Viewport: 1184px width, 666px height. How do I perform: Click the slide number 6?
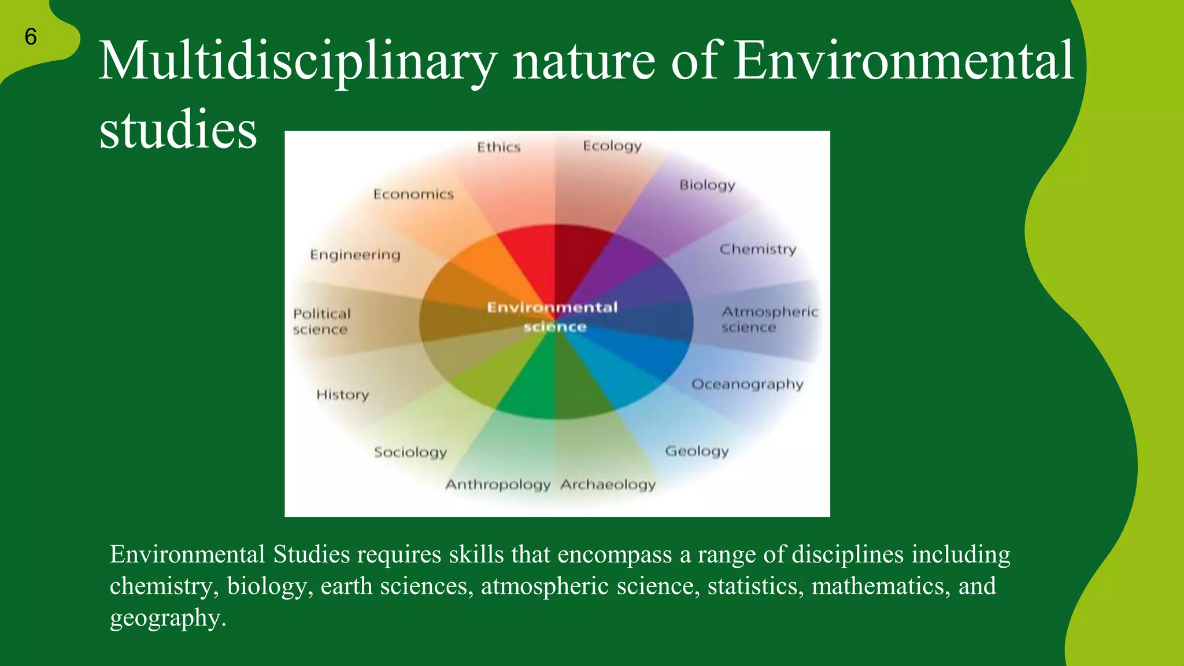coord(31,37)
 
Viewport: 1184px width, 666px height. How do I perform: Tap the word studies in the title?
coord(178,129)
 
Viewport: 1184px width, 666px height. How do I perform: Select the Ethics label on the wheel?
coord(498,147)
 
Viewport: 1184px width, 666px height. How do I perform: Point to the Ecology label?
coord(612,146)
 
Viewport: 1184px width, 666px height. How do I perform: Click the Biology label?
coord(707,185)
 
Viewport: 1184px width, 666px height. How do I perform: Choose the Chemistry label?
coord(757,249)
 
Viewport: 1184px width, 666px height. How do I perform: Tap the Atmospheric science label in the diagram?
coord(769,320)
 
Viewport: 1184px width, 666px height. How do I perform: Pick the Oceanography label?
coord(747,384)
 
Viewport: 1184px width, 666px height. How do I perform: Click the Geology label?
coord(697,451)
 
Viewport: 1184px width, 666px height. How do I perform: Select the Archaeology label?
coord(608,484)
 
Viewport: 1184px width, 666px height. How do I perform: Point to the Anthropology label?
coord(497,484)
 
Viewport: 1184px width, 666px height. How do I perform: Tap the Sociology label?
coord(410,452)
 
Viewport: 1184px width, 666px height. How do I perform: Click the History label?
coord(342,395)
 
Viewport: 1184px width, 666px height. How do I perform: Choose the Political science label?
coord(321,321)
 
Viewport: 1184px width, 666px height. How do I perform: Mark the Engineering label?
coord(355,255)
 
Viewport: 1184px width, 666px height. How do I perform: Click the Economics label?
coord(413,194)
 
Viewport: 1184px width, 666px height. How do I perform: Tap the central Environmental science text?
coord(553,317)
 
